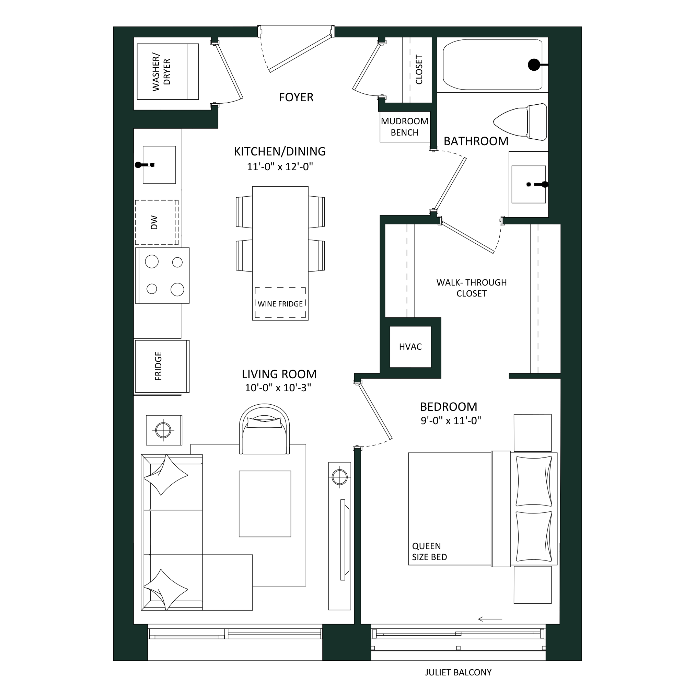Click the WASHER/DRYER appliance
point(167,72)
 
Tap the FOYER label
point(296,97)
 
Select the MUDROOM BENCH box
point(405,127)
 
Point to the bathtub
point(493,65)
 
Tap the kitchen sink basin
point(159,165)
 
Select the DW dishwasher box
point(157,222)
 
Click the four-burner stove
point(162,275)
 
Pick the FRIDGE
point(162,366)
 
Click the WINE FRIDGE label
point(280,304)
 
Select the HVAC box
point(410,347)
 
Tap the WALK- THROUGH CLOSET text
point(472,288)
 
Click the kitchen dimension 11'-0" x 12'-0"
point(280,167)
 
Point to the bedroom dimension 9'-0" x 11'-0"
point(451,420)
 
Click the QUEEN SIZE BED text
point(429,552)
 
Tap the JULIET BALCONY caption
point(458,672)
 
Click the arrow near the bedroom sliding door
point(490,619)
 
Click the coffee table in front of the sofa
point(265,503)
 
